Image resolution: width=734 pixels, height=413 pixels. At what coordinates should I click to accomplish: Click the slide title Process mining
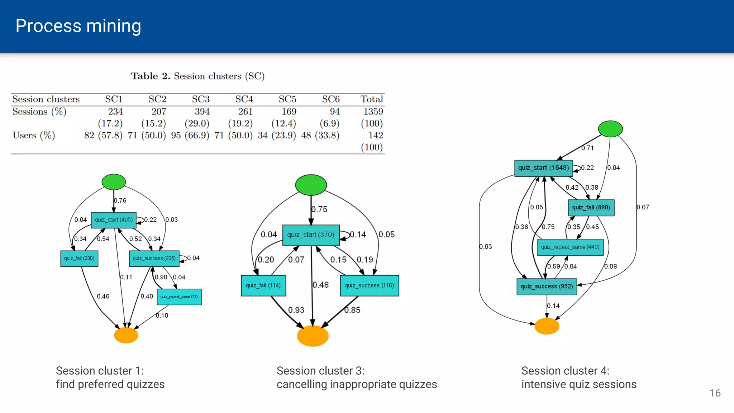click(x=78, y=26)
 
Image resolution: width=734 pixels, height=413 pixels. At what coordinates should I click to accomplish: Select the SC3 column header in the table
click(x=201, y=99)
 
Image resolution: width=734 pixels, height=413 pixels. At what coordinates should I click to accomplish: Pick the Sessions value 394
click(x=202, y=111)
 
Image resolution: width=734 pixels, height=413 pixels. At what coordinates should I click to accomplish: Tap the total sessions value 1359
click(x=373, y=111)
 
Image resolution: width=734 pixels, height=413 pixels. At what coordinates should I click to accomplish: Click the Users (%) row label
click(x=34, y=135)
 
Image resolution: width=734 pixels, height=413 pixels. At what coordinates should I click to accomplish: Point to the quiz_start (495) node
click(x=114, y=220)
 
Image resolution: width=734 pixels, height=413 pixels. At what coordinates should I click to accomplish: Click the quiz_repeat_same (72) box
click(x=179, y=297)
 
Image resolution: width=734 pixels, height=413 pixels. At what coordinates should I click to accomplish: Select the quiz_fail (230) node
click(x=79, y=258)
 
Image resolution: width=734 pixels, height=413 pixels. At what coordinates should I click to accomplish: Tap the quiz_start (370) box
click(x=311, y=235)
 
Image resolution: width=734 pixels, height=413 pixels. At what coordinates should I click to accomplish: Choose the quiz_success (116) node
click(x=369, y=285)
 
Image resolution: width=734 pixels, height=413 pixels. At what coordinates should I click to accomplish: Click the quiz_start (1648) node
click(x=543, y=168)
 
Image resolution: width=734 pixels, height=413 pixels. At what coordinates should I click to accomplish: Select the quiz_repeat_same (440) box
click(x=570, y=247)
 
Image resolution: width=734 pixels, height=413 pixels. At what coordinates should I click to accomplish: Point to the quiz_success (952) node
click(x=547, y=286)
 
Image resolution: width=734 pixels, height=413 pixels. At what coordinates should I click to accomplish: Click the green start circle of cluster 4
click(x=610, y=129)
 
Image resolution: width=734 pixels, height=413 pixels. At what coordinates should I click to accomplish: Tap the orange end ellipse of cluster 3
click(x=313, y=336)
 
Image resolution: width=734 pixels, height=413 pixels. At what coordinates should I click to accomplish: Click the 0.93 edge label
click(x=296, y=310)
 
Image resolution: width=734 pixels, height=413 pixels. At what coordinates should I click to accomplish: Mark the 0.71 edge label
click(x=587, y=148)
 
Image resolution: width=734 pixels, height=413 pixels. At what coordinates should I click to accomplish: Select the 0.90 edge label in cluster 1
click(x=161, y=277)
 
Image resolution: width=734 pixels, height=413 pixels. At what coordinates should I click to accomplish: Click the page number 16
click(x=715, y=393)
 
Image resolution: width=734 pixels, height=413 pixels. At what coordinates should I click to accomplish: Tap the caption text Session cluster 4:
click(x=565, y=371)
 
